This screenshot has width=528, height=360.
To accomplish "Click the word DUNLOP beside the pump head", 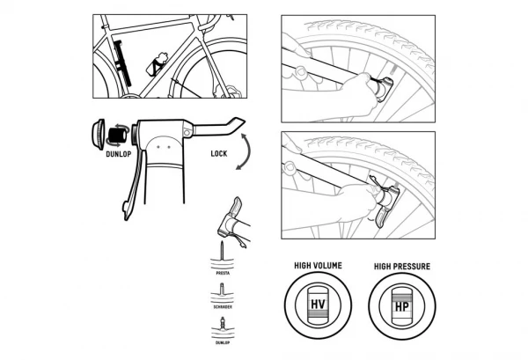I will tap(119, 151).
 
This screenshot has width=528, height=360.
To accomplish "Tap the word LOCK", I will tap(220, 152).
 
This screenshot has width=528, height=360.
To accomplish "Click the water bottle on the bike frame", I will tap(158, 63).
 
